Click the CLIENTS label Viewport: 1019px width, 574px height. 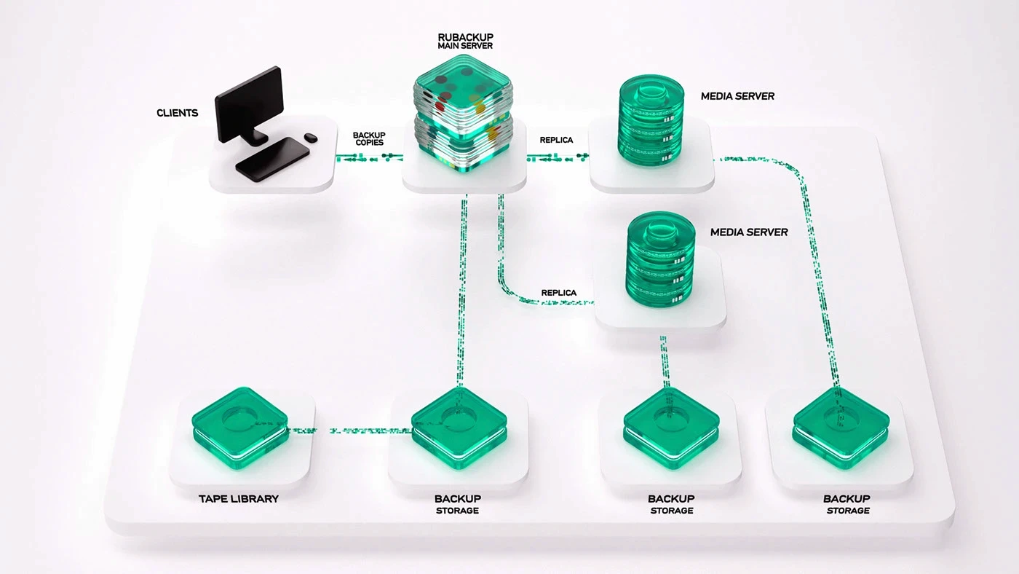tap(177, 113)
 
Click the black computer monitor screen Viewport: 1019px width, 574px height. tap(249, 103)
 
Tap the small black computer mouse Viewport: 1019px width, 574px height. tap(311, 138)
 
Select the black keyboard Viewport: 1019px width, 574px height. tap(272, 160)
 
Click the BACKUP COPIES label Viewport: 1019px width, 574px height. tap(369, 139)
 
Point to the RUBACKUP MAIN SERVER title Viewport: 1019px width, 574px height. tap(465, 41)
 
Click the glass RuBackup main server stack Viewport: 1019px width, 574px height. tap(463, 114)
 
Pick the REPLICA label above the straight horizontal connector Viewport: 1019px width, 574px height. tap(556, 140)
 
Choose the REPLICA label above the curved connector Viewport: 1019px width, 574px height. tap(559, 293)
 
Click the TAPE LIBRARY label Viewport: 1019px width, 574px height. tap(239, 499)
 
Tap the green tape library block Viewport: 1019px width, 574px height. tap(239, 428)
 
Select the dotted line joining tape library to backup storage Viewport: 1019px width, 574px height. tap(349, 430)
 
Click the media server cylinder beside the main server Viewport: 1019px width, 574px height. tap(651, 121)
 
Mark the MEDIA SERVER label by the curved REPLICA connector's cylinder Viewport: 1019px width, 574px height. tap(749, 232)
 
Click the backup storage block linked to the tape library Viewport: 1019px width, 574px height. tap(459, 428)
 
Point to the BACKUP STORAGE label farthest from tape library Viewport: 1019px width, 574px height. tap(847, 504)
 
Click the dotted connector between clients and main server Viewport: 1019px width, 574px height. tap(369, 157)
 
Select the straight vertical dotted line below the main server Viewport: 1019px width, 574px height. tap(461, 291)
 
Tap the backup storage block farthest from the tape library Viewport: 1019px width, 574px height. tap(841, 428)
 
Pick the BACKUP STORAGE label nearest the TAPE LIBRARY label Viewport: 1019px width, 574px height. tap(458, 504)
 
